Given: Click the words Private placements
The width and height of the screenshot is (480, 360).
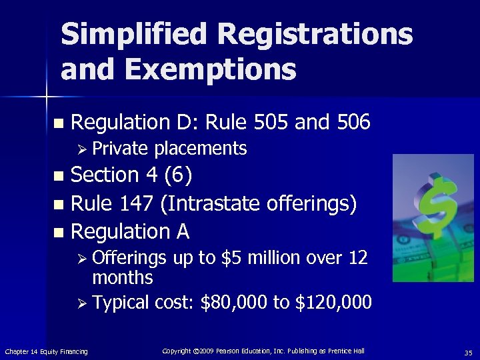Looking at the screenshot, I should click(x=169, y=148).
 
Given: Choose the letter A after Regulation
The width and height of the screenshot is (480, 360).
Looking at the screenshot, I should click(x=183, y=231).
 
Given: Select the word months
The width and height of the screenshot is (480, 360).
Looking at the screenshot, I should click(x=123, y=277).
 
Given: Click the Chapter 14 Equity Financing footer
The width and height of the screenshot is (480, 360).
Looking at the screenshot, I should click(x=46, y=351).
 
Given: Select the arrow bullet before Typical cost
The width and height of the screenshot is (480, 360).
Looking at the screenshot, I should click(x=83, y=304).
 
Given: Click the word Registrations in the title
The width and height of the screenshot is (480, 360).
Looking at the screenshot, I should click(x=319, y=35).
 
